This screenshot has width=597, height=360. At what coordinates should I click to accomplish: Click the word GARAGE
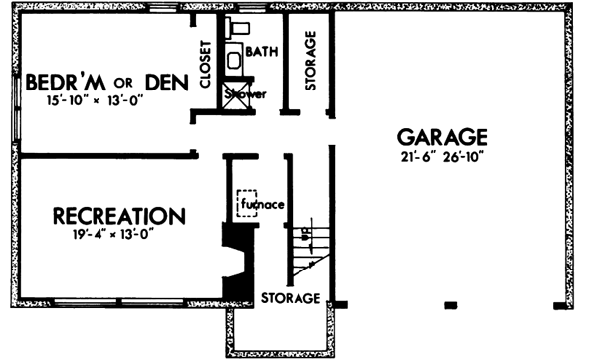tap(442, 137)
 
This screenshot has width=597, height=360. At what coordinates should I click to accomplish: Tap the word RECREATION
tap(118, 216)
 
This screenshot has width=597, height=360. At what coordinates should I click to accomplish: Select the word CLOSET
tap(205, 65)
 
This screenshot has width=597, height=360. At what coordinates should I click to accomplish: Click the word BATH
tap(262, 51)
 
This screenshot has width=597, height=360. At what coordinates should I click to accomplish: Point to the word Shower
tap(241, 95)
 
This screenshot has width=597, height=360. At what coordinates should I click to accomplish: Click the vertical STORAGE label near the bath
tap(310, 63)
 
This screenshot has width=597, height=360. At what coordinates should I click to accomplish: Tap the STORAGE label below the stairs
tap(291, 298)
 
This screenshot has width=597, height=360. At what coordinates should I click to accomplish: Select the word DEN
tap(163, 81)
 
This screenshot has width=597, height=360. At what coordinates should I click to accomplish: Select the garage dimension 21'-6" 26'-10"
tap(442, 157)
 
